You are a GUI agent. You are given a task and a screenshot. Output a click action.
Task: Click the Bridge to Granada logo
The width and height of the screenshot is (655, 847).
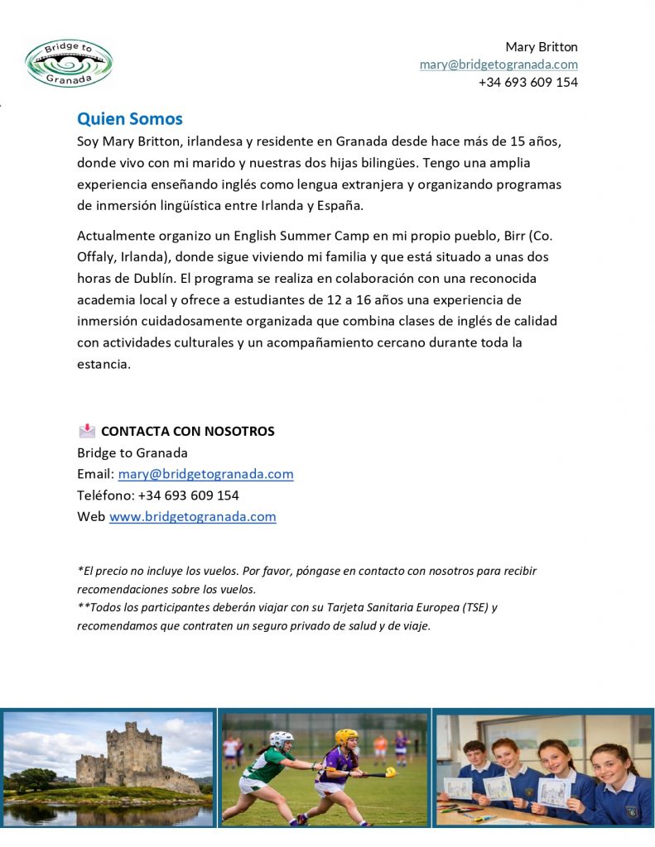[x=69, y=63]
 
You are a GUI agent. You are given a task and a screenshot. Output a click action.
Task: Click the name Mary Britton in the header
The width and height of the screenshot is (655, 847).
[x=541, y=46]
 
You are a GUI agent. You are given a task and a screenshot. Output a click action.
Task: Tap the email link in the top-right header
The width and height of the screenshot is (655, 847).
[x=498, y=65]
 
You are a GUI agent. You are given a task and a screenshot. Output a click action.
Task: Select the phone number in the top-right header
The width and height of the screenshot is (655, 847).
[x=527, y=82]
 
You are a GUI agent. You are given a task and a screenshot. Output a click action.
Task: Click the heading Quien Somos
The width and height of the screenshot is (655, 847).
[x=129, y=119]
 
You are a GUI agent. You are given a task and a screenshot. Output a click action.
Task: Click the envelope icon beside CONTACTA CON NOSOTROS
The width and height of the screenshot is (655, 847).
[x=87, y=431]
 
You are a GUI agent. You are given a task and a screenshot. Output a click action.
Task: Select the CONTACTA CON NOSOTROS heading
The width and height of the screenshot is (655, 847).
[x=187, y=431]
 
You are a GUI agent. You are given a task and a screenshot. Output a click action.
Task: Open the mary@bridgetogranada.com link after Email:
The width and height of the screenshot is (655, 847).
[x=205, y=474]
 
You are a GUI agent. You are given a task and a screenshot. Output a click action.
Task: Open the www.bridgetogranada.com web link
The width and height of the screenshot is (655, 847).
[x=192, y=517]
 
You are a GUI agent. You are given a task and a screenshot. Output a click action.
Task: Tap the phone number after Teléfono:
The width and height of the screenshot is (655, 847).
[x=188, y=495]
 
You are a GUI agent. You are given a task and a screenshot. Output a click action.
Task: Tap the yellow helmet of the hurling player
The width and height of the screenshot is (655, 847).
[x=346, y=737]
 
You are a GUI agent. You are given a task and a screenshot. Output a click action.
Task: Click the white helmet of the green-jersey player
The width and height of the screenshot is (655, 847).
[x=282, y=739]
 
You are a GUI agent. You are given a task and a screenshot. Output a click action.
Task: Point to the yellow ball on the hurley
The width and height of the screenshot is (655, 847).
[x=391, y=772]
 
